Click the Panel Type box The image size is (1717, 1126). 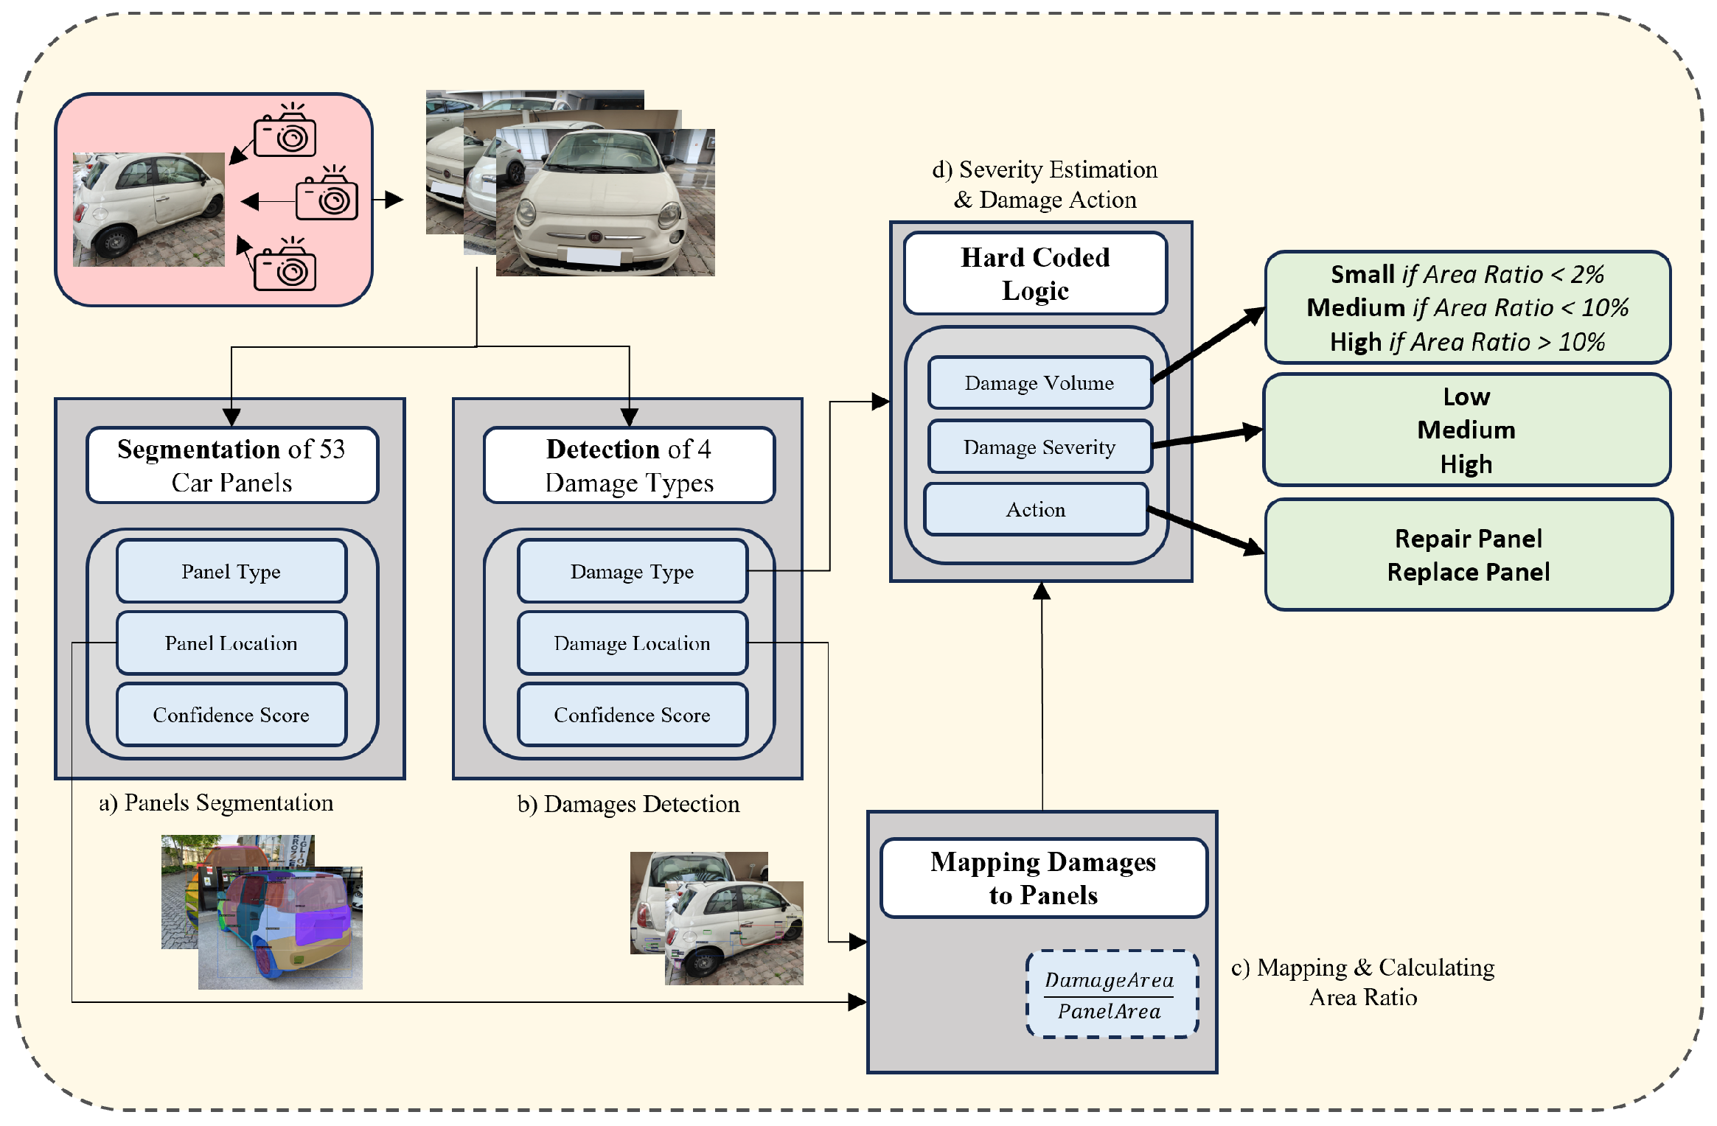(231, 571)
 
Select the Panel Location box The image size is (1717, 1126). (231, 643)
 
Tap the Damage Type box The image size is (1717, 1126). (632, 571)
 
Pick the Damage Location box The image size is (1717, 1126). (632, 643)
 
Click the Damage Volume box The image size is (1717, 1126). (1039, 382)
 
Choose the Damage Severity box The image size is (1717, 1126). (1039, 447)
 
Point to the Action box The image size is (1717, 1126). (1036, 509)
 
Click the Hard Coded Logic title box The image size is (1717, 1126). (1035, 273)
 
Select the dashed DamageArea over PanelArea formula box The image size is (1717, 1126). (1110, 995)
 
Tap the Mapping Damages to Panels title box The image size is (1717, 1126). (1043, 878)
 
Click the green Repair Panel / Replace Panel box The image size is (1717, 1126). (1469, 555)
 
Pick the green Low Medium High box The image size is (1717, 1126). (1466, 430)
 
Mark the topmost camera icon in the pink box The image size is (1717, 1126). (285, 133)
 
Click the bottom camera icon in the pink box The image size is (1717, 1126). (285, 267)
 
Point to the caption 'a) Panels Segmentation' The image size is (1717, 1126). (216, 802)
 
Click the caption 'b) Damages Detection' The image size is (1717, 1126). (628, 804)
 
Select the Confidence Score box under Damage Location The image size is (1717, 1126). (632, 715)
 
